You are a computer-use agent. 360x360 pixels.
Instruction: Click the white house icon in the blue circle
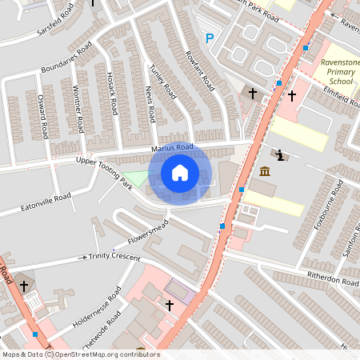(x=180, y=172)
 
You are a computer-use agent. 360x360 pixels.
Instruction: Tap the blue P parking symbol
(x=210, y=38)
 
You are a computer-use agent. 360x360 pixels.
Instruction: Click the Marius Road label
(x=173, y=147)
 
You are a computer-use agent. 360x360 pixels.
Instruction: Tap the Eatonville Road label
(x=35, y=203)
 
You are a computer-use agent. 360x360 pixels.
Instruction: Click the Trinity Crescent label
(x=114, y=256)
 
